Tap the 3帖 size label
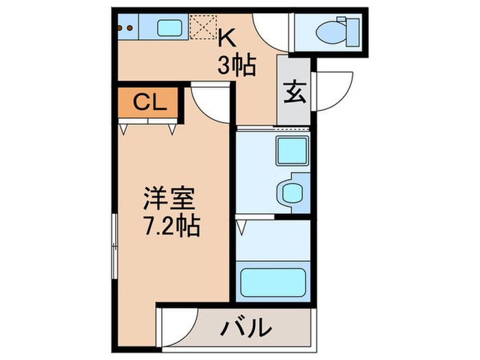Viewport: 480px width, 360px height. tap(237, 66)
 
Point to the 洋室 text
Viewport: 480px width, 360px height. tap(169, 199)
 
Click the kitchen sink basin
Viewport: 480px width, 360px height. tap(169, 28)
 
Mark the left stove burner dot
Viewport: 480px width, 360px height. tap(120, 28)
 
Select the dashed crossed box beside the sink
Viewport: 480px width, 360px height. tap(203, 28)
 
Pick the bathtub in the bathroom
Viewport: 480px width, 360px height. tap(272, 282)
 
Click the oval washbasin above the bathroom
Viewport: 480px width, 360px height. tap(291, 191)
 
